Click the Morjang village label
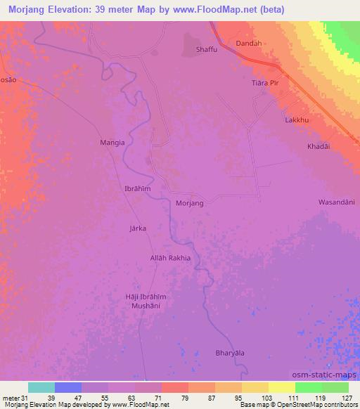point(189,203)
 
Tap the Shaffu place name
point(206,49)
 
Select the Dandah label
point(249,44)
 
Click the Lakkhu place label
point(297,120)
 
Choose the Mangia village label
point(112,142)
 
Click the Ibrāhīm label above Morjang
point(138,190)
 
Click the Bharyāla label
point(230,353)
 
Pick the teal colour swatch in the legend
point(41,387)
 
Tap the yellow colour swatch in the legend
point(282,387)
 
